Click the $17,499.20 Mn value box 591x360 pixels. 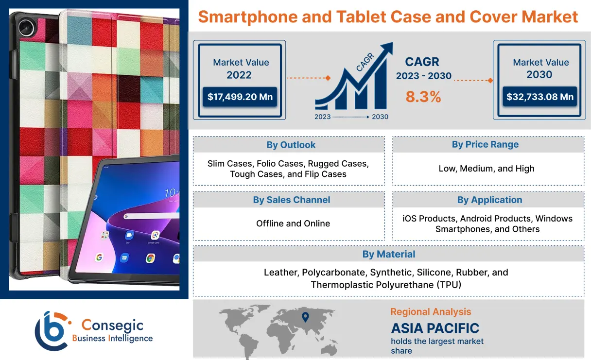240,97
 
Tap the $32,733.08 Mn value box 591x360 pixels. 539,97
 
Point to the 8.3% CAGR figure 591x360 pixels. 423,97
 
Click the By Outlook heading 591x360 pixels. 291,145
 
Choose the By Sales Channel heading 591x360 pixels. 291,200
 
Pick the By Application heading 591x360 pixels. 489,200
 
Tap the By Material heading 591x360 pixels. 388,254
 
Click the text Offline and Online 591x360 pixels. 293,223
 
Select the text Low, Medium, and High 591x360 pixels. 486,169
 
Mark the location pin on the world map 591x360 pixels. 305,318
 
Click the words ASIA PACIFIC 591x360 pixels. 435,328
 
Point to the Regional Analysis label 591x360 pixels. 431,312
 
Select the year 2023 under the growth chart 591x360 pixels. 323,117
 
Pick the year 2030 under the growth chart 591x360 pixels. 380,117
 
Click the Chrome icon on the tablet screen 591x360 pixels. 151,257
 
